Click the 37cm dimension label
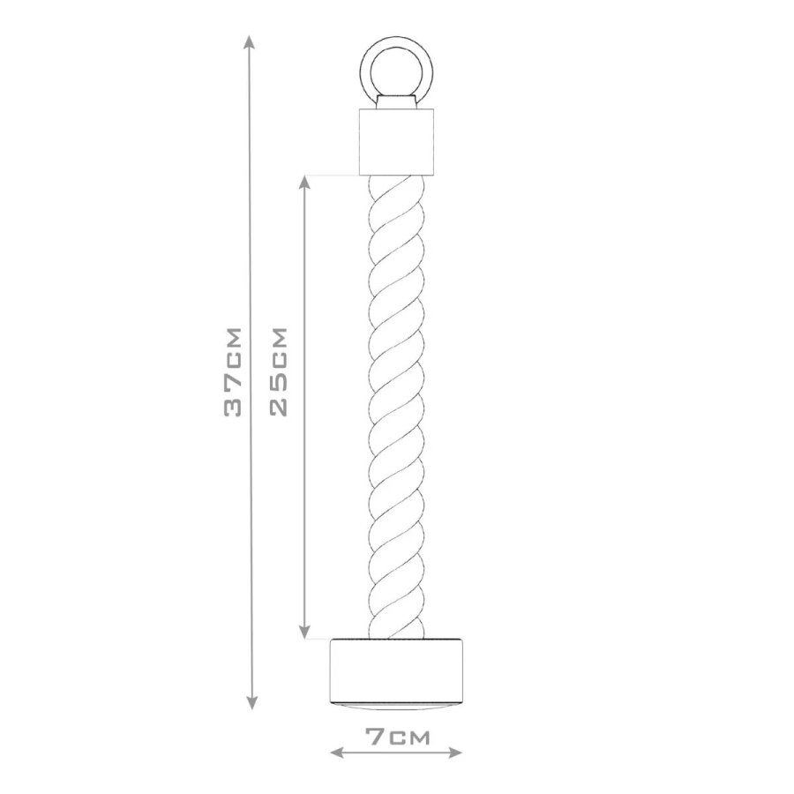click(x=233, y=372)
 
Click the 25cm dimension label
click(x=279, y=371)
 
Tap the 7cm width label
click(x=398, y=738)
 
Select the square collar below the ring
click(x=396, y=141)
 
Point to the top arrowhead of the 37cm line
click(x=251, y=41)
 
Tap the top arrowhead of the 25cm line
click(x=303, y=184)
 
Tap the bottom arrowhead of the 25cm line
click(x=303, y=632)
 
